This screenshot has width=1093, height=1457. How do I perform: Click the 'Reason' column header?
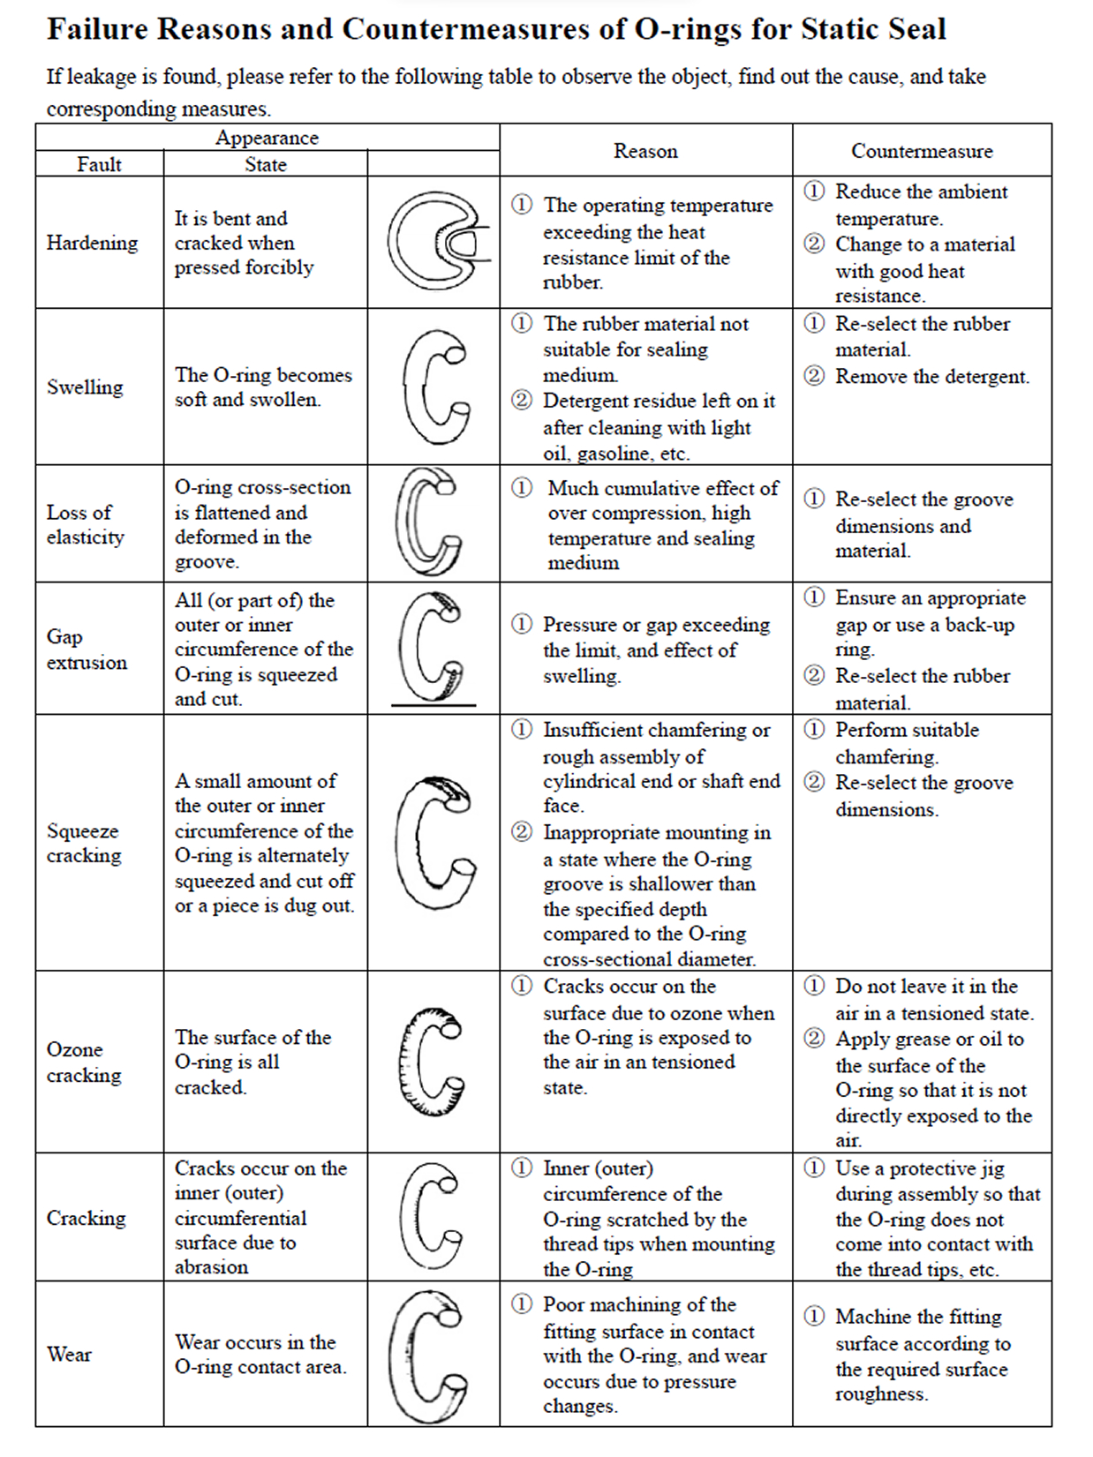(x=645, y=151)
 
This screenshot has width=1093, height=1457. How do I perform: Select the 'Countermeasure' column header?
(x=921, y=151)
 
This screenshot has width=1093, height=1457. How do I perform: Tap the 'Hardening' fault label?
(x=92, y=243)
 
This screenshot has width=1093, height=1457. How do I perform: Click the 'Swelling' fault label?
(x=85, y=387)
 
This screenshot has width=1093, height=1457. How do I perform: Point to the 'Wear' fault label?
(x=69, y=1354)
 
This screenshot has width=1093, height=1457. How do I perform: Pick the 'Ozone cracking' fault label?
(x=84, y=1062)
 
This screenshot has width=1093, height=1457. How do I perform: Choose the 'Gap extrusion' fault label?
(x=87, y=649)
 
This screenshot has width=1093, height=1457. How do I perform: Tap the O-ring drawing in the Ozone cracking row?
(x=431, y=1061)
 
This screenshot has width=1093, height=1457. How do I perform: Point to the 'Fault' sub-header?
(x=99, y=164)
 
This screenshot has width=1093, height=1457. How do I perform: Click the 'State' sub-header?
(x=265, y=164)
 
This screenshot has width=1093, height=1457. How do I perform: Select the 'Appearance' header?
(x=267, y=138)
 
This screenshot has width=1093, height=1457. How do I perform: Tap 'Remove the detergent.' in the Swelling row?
(x=931, y=377)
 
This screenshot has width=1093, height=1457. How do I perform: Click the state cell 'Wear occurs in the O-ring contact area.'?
(x=260, y=1354)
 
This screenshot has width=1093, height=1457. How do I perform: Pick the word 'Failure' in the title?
(x=97, y=29)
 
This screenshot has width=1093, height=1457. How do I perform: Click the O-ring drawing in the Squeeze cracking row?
(x=433, y=843)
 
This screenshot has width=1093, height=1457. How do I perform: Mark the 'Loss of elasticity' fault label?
(x=85, y=524)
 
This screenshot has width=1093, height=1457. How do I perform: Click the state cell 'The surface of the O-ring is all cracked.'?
(x=253, y=1062)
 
